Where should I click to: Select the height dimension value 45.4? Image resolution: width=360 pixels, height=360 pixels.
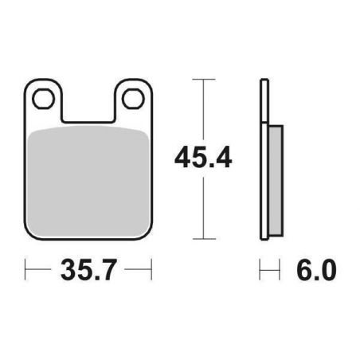coord(203,158)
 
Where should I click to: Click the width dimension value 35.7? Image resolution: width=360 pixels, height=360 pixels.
coord(88,271)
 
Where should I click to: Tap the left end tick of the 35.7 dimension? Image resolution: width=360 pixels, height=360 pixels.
coord(25,271)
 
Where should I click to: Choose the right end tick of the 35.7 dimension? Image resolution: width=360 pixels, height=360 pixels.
coord(151,271)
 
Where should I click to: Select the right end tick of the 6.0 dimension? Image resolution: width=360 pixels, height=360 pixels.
coord(281,271)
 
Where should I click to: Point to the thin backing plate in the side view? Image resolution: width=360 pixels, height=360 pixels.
coord(264,159)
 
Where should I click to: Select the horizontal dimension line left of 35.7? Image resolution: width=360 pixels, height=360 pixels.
coord(40,271)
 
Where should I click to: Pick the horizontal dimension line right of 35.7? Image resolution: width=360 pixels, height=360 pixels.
coord(137,271)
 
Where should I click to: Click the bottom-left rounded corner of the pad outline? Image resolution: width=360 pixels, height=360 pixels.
coord(30,233)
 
